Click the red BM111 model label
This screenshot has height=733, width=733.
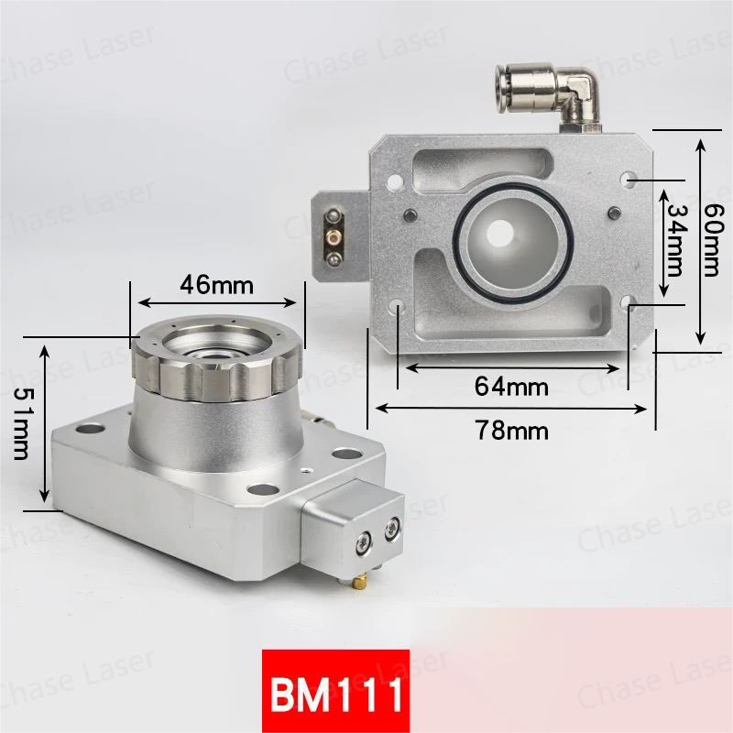pos(334,695)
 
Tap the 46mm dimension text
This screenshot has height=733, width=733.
pos(216,284)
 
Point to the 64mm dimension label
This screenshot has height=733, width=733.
pos(511,387)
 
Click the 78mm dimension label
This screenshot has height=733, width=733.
pos(511,430)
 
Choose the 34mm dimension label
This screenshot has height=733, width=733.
pos(675,239)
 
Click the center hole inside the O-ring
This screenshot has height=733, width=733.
pos(501,233)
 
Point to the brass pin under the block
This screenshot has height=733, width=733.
pos(364,579)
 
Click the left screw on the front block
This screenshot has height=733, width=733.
pos(364,543)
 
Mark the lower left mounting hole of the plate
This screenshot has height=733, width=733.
pos(400,306)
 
